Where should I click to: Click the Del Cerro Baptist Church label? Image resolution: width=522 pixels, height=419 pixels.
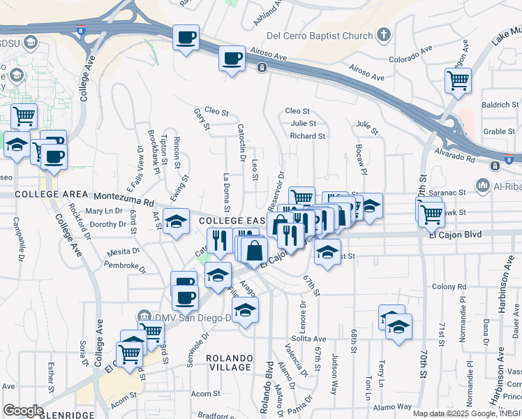click(320, 35)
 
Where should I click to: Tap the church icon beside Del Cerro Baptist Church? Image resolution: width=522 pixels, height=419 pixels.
click(383, 35)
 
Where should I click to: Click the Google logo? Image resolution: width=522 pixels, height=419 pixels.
click(23, 410)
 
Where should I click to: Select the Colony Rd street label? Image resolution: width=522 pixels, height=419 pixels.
click(448, 286)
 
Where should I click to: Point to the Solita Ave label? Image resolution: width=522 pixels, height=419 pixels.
click(309, 339)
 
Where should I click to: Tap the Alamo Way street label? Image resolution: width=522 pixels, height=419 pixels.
click(394, 407)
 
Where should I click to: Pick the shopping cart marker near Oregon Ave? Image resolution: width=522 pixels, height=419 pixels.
click(458, 80)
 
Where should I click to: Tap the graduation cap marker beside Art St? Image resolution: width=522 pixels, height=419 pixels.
click(177, 221)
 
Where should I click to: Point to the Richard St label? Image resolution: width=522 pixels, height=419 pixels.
click(308, 136)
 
